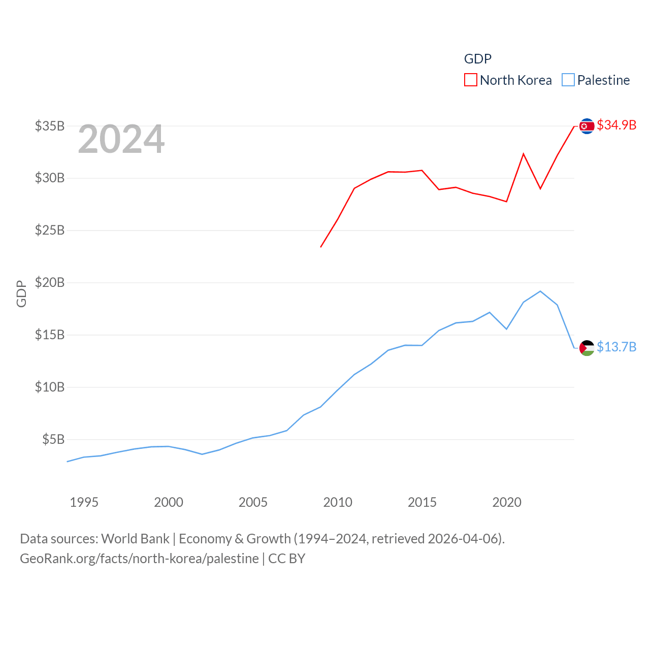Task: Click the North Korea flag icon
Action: (587, 126)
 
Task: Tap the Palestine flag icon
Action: (587, 348)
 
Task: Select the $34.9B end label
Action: (616, 125)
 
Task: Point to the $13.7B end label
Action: (616, 347)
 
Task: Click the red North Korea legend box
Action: (470, 80)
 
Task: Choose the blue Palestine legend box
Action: (568, 80)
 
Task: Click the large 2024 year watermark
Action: (121, 139)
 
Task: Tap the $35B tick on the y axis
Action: (50, 126)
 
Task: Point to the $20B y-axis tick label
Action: (50, 282)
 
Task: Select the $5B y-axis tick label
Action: (53, 439)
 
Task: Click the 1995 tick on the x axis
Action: (84, 502)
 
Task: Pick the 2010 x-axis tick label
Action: (338, 502)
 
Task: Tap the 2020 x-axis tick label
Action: (507, 502)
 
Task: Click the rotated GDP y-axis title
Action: (21, 294)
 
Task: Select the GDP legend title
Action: (478, 59)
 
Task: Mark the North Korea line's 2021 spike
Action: (523, 154)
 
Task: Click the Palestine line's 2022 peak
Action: (540, 291)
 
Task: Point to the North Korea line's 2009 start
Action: (321, 247)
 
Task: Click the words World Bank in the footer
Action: (135, 539)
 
